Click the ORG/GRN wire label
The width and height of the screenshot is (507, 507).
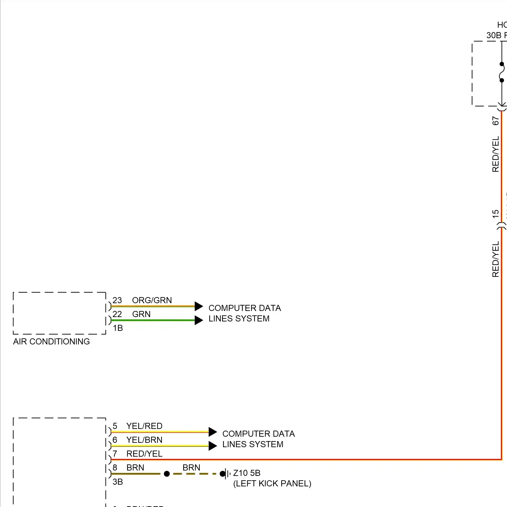tap(152, 300)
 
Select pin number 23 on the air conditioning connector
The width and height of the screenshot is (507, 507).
tap(117, 300)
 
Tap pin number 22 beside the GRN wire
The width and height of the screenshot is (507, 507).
tap(117, 314)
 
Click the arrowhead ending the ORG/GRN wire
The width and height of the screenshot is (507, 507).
tap(199, 307)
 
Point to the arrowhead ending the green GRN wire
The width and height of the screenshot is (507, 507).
tap(199, 320)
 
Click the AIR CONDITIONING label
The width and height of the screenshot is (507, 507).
tap(51, 341)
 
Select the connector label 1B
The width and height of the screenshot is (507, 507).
tap(118, 328)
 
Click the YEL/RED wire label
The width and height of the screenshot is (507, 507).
tap(144, 426)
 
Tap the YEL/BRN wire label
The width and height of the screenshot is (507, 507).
tap(144, 440)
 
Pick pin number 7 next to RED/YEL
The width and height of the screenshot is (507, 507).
tap(115, 454)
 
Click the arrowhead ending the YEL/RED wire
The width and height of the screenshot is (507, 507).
tap(213, 432)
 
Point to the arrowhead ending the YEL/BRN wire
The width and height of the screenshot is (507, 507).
tap(213, 446)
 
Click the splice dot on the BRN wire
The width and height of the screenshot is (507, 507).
tap(167, 474)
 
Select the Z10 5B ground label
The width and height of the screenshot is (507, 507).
tap(247, 473)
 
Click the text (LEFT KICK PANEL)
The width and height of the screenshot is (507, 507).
tap(272, 483)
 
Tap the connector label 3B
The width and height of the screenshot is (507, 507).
tap(118, 482)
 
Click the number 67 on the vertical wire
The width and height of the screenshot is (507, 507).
tap(496, 121)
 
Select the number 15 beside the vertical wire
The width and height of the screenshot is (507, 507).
tap(496, 214)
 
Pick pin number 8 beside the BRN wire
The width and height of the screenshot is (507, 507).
tap(115, 467)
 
